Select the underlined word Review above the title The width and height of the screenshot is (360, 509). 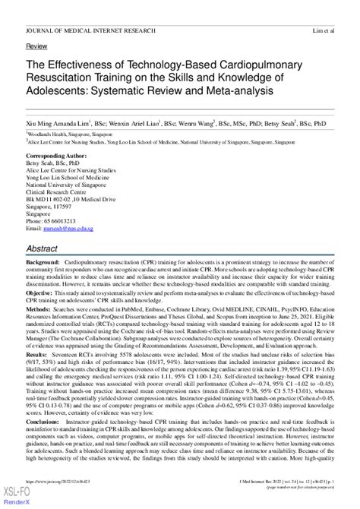coord(36,46)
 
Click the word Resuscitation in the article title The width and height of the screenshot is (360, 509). coord(69,78)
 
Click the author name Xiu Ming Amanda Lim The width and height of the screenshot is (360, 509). coord(58,120)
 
